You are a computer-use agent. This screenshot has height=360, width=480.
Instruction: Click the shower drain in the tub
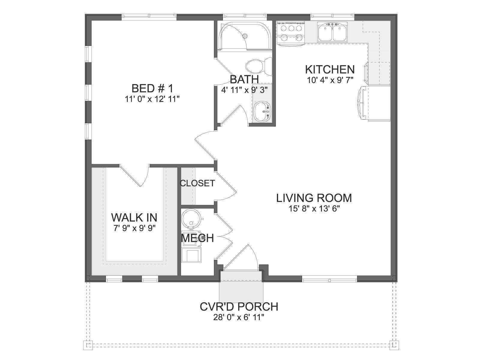[x=245, y=36]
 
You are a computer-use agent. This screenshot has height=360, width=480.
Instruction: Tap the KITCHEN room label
[x=330, y=70]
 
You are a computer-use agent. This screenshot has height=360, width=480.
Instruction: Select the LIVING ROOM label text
[x=314, y=198]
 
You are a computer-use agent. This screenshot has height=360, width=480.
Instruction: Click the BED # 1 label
[x=152, y=88]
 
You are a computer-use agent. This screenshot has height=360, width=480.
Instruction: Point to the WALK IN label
[x=134, y=217]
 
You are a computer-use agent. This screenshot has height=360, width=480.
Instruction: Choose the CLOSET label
[x=197, y=183]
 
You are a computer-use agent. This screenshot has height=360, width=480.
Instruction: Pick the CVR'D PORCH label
[x=239, y=307]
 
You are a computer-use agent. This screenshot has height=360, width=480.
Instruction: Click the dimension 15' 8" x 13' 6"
[x=314, y=209]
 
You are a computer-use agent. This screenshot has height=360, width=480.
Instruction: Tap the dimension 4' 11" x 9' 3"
[x=244, y=90]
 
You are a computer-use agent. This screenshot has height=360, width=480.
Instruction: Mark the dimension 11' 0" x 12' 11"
[x=152, y=99]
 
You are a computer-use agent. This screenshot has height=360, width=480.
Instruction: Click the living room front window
[x=329, y=279]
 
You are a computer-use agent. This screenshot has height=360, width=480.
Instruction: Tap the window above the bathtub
[x=245, y=16]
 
